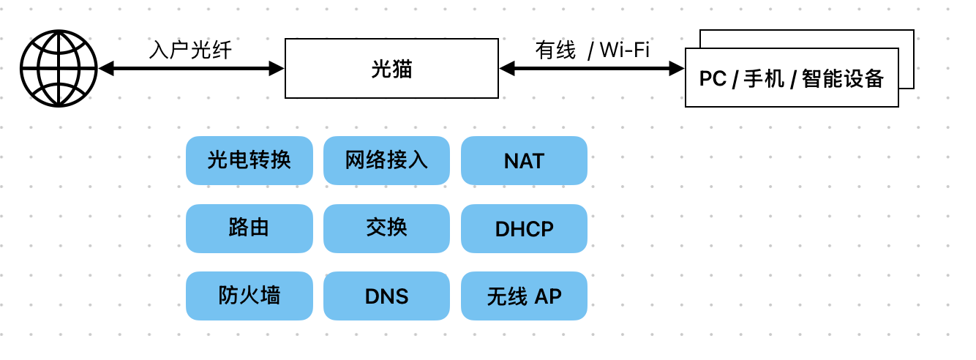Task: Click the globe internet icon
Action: [59, 69]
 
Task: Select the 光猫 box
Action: [391, 69]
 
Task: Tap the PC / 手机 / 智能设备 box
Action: [792, 78]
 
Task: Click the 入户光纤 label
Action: [190, 50]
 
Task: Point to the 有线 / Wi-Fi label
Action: [592, 50]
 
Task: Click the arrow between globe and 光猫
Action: [191, 69]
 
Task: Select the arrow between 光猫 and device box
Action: [592, 69]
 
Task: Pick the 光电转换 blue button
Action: [249, 160]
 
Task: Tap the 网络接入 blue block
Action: [386, 160]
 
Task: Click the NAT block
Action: [524, 160]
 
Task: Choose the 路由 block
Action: [249, 228]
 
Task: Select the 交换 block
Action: [386, 228]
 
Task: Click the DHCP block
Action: [524, 228]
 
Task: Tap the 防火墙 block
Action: [249, 296]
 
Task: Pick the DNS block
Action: [386, 296]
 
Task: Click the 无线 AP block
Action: [524, 296]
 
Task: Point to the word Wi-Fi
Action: [624, 50]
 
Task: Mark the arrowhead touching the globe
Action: [106, 69]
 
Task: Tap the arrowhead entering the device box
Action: [677, 69]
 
